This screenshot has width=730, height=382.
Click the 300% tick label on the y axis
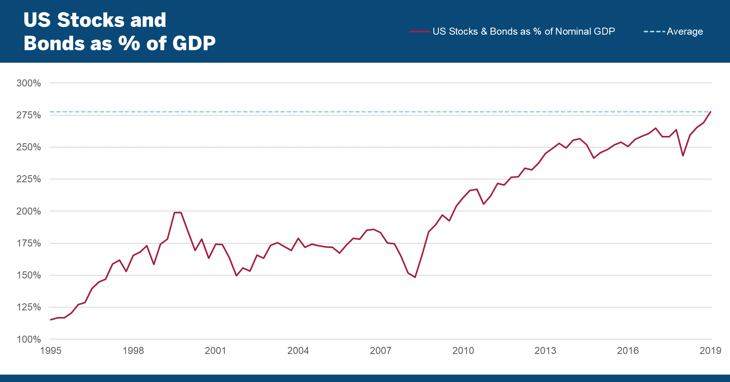28,83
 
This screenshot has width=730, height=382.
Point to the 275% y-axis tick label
28,115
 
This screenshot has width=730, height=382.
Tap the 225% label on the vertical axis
28,179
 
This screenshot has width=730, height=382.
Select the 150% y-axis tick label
28,275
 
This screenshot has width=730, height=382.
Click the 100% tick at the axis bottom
28,339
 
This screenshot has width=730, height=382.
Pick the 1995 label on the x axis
51,351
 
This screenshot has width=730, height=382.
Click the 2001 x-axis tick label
215,351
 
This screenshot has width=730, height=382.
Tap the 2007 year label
380,351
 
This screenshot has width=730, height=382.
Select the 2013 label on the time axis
545,351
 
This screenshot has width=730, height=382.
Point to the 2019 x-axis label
710,351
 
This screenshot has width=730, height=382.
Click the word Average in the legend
685,32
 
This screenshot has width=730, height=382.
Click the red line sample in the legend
420,32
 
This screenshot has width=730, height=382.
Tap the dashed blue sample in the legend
654,32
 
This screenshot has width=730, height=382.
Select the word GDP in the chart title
194,43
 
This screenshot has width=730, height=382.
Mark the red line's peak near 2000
178,213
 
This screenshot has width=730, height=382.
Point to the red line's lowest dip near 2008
415,277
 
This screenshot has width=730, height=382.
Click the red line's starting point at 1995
51,320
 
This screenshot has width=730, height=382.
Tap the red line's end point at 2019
711,112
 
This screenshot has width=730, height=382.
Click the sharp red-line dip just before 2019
683,156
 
